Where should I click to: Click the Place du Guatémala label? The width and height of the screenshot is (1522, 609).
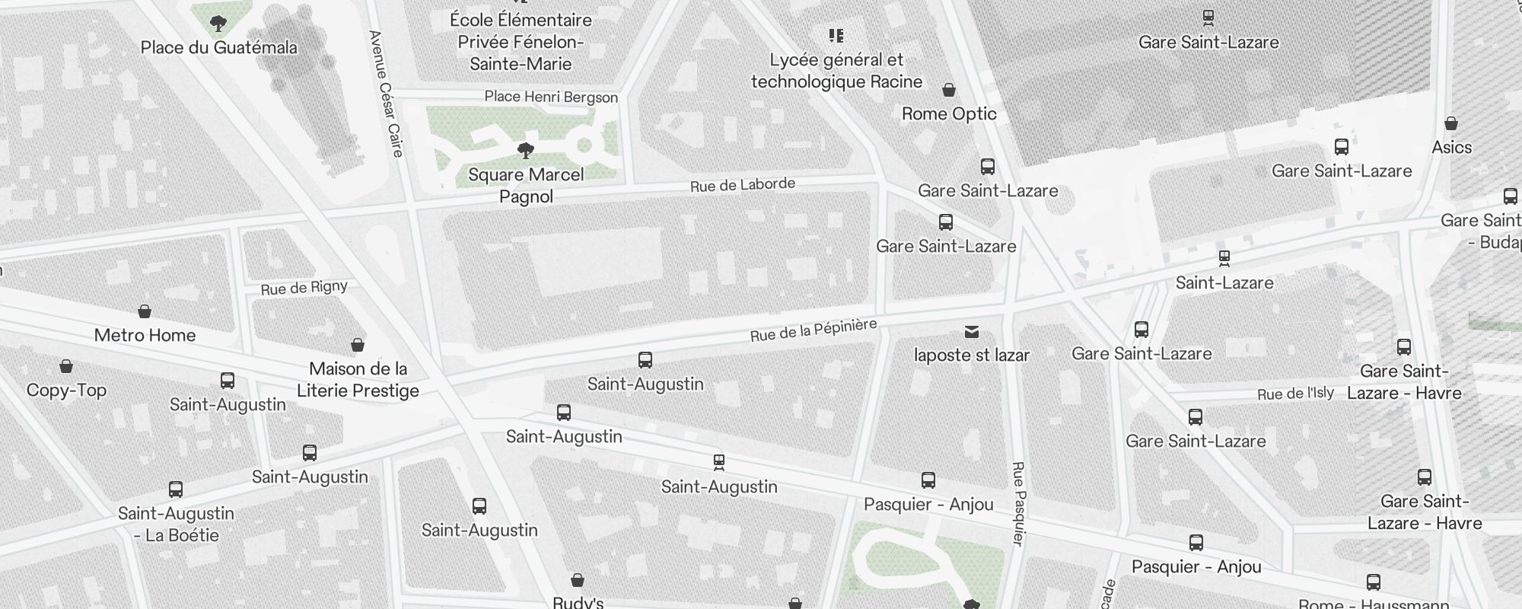(x=218, y=48)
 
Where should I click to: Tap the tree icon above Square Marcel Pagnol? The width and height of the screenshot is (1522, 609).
(x=525, y=150)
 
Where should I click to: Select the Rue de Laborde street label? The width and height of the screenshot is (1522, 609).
(x=742, y=185)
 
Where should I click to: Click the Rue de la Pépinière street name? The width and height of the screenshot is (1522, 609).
(x=813, y=330)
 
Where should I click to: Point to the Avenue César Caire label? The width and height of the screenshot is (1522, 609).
(x=385, y=93)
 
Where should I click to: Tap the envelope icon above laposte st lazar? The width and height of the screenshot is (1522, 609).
(x=971, y=332)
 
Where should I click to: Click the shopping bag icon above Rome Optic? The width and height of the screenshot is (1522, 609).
(x=949, y=91)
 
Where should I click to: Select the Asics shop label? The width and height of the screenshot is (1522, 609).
(x=1451, y=148)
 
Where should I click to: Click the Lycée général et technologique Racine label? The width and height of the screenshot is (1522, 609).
(x=836, y=71)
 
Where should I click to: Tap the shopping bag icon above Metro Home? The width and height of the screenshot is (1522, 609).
(x=145, y=311)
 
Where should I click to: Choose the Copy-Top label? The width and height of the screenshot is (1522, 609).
(x=66, y=391)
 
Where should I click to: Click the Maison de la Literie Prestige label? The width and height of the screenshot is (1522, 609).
(x=358, y=380)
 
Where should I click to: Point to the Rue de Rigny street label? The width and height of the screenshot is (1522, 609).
(x=304, y=288)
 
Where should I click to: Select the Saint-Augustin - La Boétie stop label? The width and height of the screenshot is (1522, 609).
(x=176, y=525)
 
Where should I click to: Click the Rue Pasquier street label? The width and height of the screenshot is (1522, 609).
(x=1018, y=502)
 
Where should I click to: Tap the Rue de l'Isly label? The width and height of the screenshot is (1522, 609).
(x=1295, y=394)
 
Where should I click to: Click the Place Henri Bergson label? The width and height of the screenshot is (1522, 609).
(x=551, y=97)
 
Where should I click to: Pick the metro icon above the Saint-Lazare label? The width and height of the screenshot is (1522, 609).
(x=1224, y=259)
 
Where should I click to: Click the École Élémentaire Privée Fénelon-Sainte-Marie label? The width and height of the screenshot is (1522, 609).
(x=521, y=42)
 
